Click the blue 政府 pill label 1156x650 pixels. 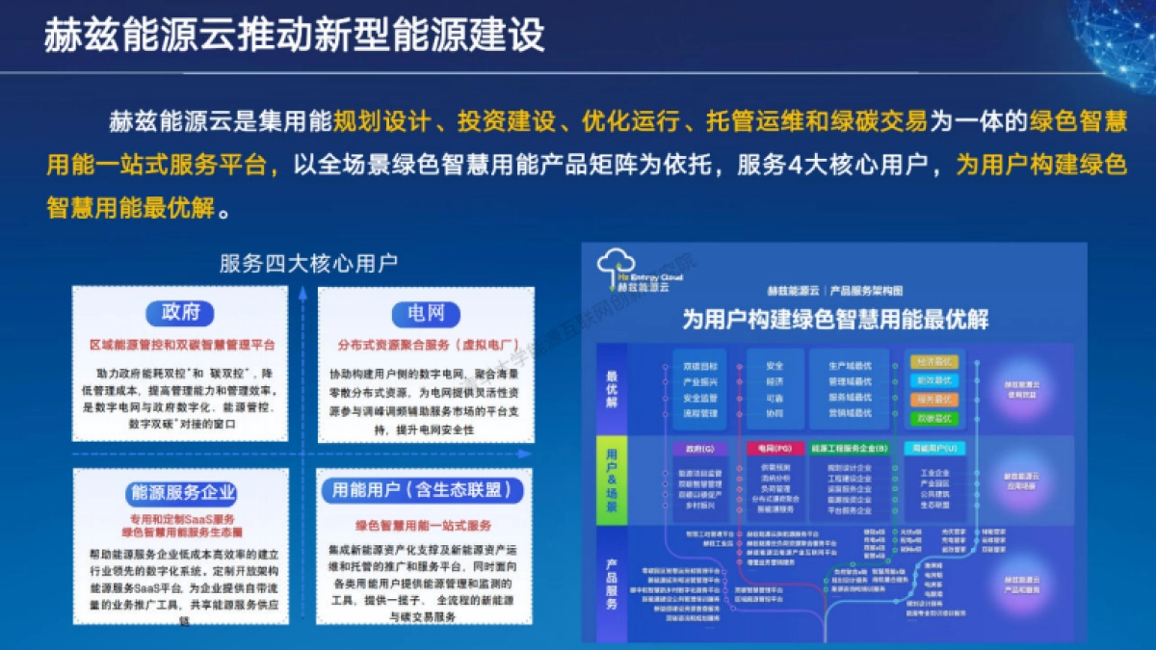180,313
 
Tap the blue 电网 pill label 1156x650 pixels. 425,313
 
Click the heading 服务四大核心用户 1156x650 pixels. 308,263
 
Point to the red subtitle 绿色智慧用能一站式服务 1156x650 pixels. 424,526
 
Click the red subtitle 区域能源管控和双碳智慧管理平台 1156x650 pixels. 182,344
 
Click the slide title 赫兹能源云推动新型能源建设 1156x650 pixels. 295,35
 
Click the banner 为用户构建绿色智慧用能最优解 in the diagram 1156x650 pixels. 835,319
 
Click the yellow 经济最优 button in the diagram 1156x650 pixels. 934,363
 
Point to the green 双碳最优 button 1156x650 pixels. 934,418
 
